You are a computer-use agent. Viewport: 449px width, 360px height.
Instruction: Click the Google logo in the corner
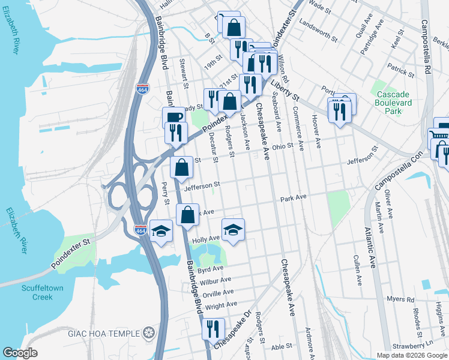click(x=20, y=353)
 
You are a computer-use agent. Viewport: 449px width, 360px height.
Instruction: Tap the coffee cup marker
click(x=173, y=117)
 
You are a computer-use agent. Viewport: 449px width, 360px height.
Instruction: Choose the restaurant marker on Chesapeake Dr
click(x=213, y=328)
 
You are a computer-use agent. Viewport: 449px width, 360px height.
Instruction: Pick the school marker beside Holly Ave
click(x=234, y=229)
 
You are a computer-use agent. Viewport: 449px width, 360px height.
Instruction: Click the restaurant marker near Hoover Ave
click(x=340, y=110)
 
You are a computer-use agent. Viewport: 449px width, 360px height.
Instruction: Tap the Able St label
click(x=281, y=346)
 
